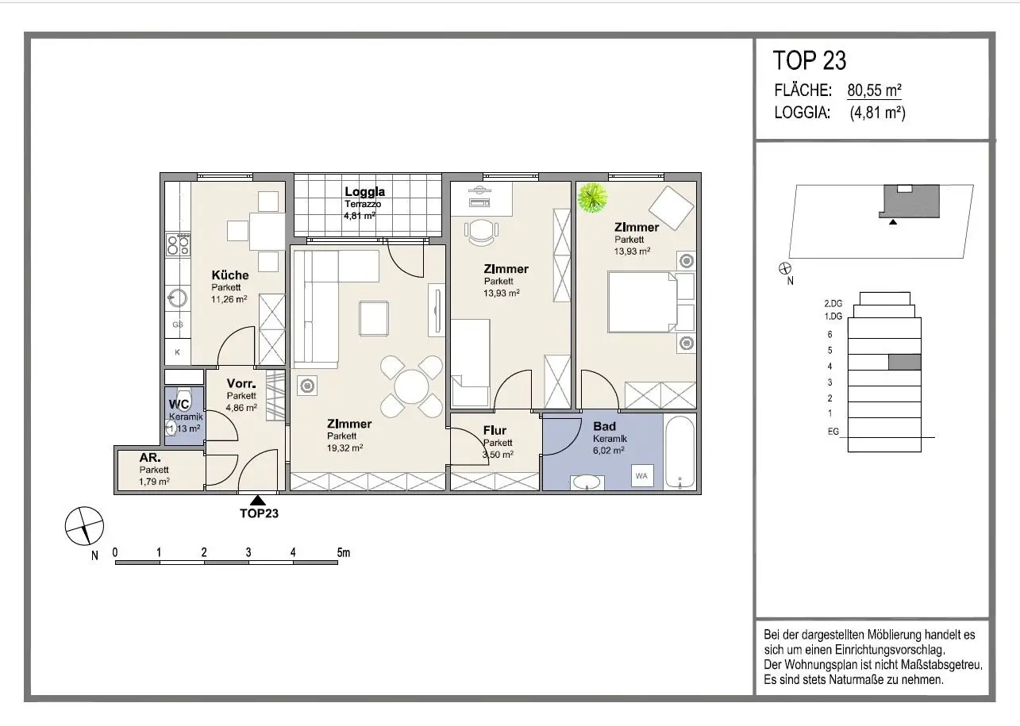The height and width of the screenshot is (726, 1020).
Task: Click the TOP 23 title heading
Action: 809,60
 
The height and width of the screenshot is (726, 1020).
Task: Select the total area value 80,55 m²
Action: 874,90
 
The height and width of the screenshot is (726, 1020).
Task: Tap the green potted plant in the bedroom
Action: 592,198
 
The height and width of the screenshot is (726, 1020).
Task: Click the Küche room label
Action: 230,275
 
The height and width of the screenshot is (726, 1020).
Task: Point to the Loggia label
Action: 365,192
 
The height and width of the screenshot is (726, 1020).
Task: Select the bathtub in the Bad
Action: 679,451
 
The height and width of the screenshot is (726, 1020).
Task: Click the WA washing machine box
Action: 641,476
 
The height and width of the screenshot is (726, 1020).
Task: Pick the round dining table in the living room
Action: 411,386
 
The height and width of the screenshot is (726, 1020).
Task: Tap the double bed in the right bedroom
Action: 642,302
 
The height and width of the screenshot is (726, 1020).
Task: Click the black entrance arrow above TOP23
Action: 258,500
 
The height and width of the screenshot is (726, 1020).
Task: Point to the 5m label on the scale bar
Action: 344,552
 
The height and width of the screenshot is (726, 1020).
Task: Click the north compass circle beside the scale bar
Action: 84,526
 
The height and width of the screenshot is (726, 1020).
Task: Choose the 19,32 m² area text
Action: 344,448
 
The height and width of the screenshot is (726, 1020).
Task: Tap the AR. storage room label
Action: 150,458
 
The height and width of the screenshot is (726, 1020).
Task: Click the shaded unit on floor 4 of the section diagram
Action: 904,363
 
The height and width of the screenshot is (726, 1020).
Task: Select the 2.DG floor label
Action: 833,303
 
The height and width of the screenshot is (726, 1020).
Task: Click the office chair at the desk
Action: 481,231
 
